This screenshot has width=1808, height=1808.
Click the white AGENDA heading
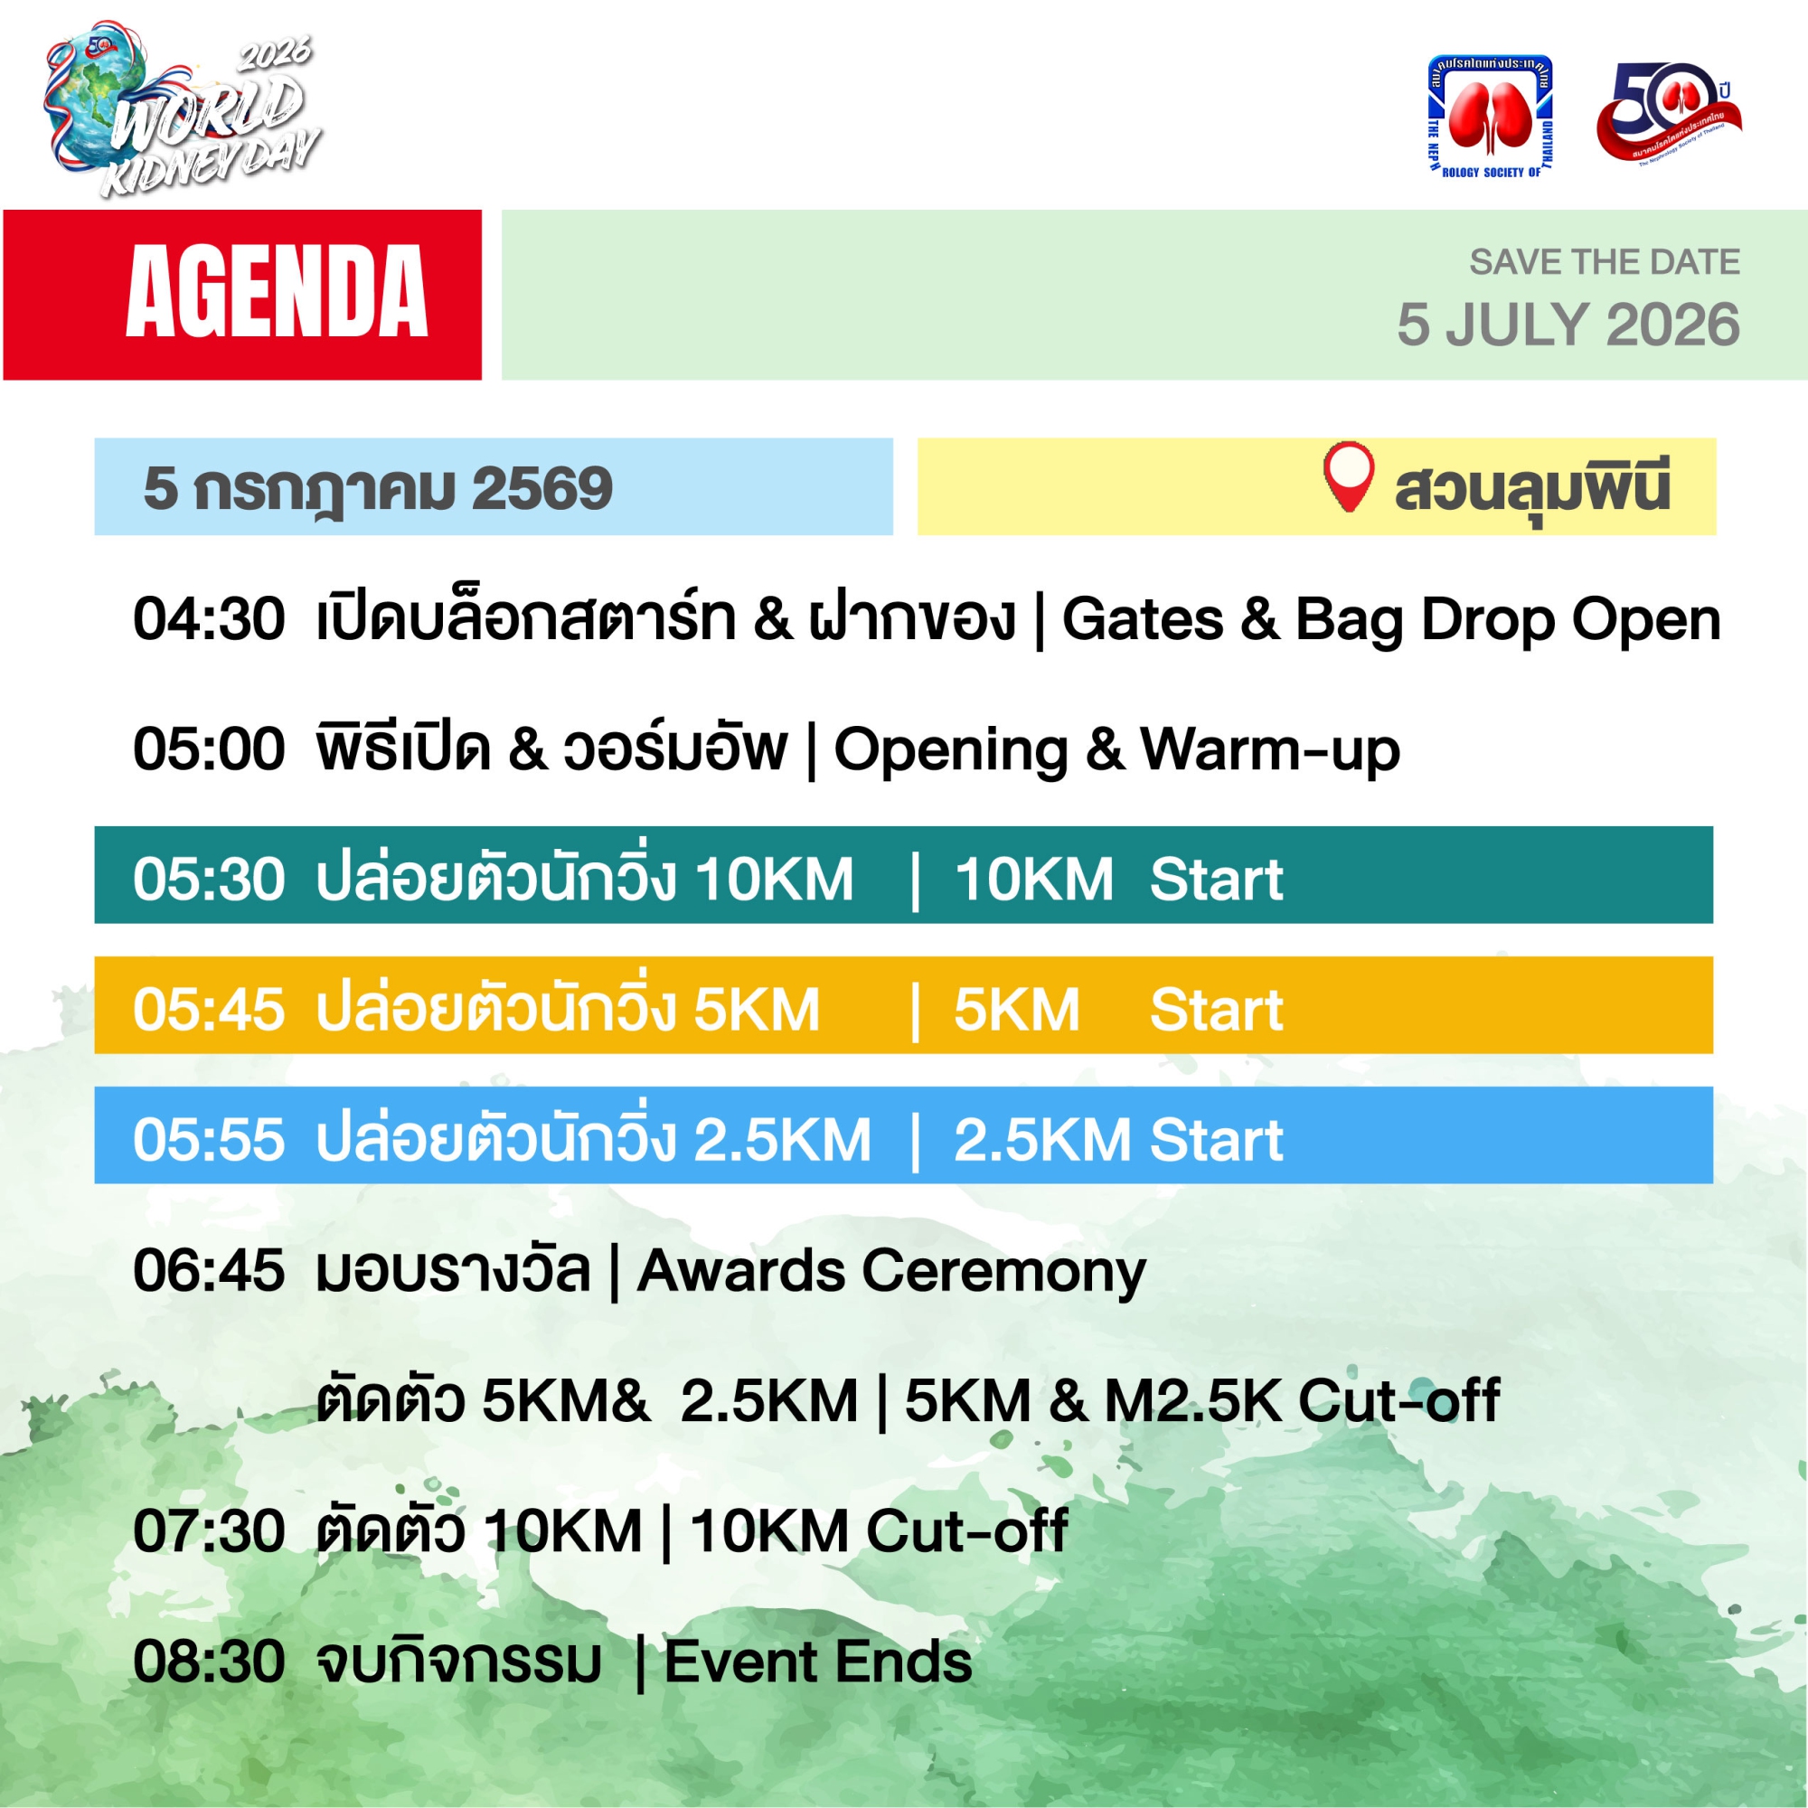277,292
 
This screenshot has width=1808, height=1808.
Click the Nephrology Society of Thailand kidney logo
1490,116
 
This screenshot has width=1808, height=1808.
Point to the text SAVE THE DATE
1605,262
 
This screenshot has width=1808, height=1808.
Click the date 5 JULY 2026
1568,325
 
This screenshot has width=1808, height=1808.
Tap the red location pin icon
1349,477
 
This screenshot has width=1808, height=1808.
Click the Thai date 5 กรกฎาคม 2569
378,488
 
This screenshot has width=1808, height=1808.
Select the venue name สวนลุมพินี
1533,486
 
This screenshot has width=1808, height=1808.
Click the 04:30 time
209,619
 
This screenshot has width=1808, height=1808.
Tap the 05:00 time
209,749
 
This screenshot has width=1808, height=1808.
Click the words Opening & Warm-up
1116,751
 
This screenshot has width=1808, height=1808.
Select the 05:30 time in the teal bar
209,880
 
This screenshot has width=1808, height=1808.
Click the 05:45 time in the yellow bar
209,1010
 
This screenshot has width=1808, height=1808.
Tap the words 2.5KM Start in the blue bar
1118,1140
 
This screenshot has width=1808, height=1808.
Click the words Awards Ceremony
891,1272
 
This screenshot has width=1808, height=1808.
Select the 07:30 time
209,1531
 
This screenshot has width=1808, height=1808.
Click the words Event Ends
818,1662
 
